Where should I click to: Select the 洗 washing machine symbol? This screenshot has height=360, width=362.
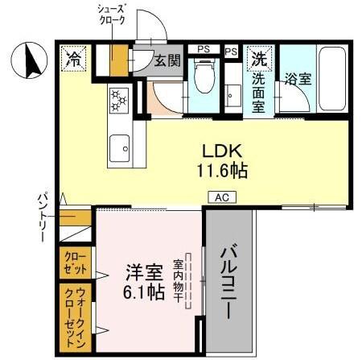[259, 58]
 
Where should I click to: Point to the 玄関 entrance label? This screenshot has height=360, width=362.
[167, 60]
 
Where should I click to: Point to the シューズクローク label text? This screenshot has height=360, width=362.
[111, 14]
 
